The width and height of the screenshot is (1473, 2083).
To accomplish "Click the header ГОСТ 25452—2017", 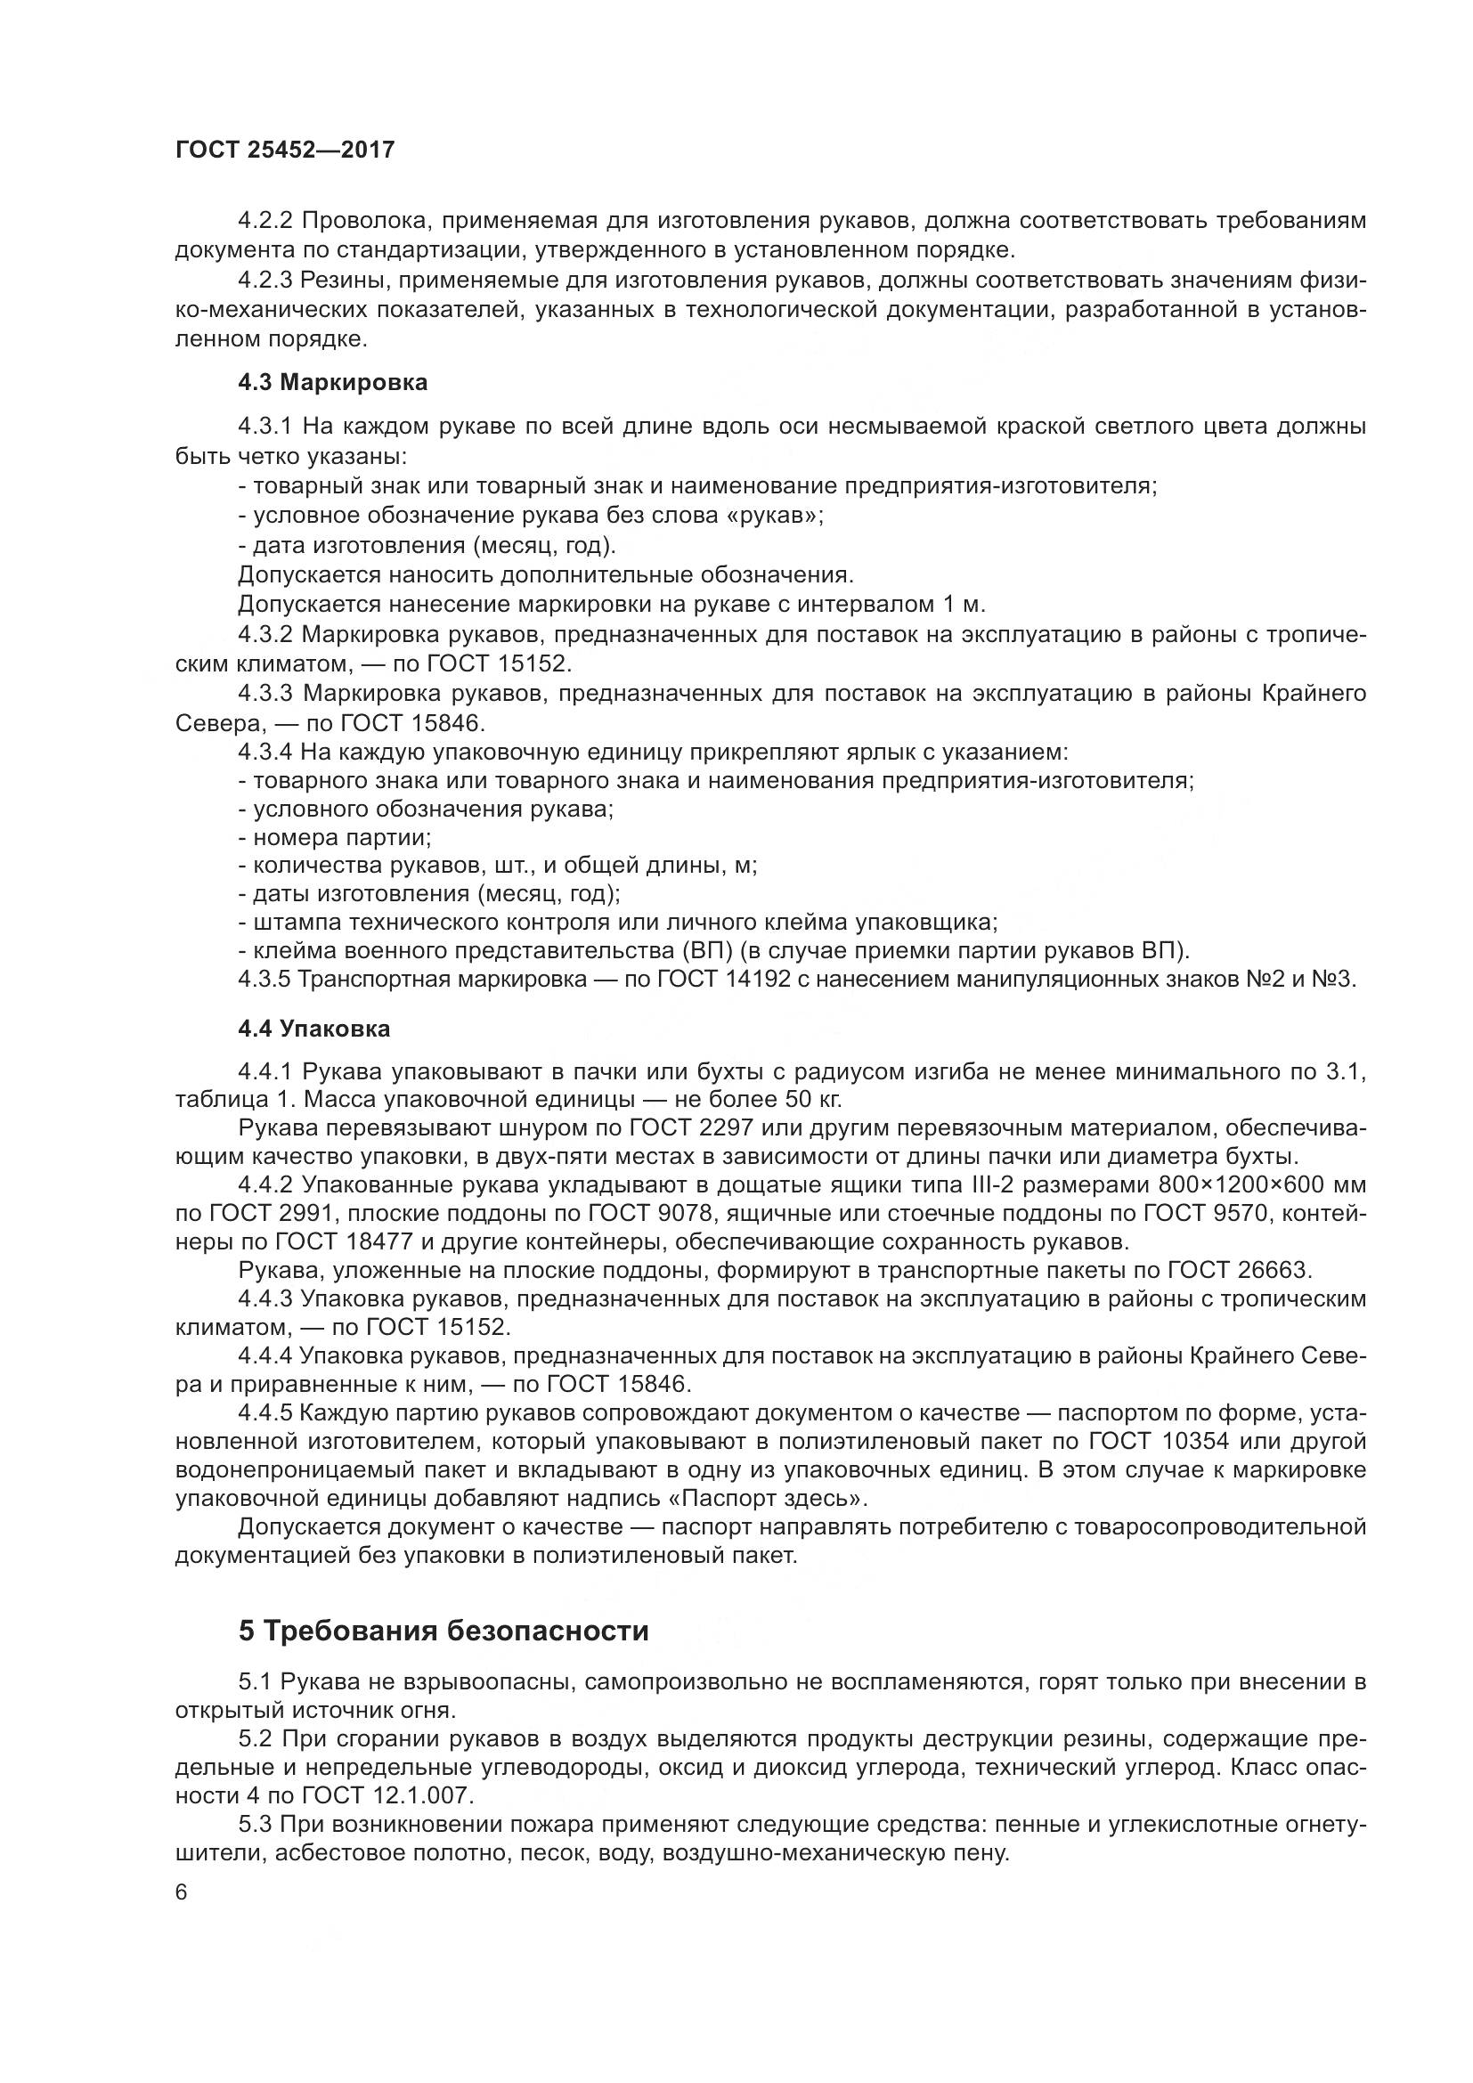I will pos(285,150).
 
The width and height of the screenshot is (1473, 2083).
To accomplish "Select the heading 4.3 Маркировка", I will pos(332,382).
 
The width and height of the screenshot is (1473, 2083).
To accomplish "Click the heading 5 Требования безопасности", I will pos(444,1631).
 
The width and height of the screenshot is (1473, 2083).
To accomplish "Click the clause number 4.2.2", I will pos(264,221).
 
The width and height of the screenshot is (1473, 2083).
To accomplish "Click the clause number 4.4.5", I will pos(264,1412).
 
